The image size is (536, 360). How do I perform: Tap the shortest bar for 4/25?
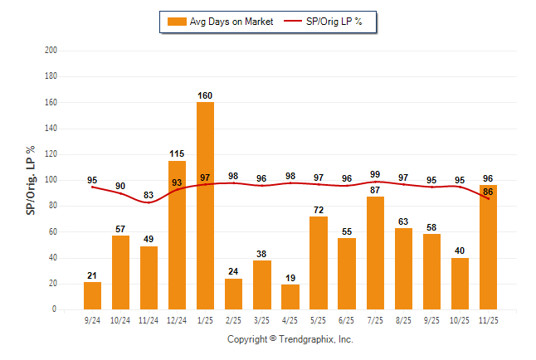290,297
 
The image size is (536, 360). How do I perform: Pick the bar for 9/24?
92,295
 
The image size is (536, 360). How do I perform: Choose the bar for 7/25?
374,253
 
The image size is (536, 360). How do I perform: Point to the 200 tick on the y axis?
51,51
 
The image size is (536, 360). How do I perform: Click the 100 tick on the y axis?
51,180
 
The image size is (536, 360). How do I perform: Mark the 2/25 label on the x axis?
233,319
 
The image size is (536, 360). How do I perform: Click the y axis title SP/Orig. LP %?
31,180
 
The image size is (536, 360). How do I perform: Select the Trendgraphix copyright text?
290,339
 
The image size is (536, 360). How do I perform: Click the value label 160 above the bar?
205,95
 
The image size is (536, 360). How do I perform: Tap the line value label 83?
149,195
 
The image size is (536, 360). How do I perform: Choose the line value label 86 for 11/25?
488,192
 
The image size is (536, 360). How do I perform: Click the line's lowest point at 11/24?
149,202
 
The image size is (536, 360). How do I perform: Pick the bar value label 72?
318,209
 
